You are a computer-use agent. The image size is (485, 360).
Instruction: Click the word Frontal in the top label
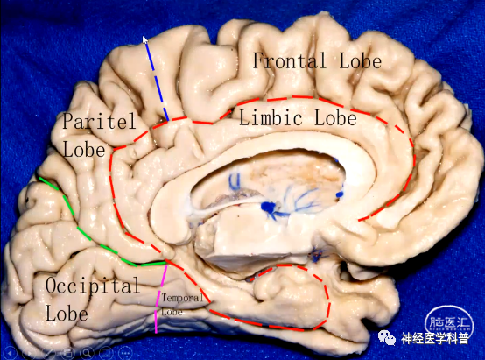tap(290, 60)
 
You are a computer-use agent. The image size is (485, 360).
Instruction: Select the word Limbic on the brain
tap(271, 118)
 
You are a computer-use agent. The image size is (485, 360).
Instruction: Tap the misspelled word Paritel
tap(99, 121)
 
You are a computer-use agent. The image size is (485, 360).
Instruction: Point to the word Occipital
tap(93, 286)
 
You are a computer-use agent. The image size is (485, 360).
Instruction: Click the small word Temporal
tap(182, 298)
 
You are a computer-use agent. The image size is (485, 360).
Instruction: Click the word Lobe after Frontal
tap(361, 60)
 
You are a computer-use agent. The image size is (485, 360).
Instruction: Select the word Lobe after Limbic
tap(335, 118)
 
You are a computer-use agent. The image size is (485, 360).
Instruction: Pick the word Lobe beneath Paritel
tap(84, 149)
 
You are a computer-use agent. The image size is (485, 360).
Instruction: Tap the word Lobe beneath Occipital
tap(67, 313)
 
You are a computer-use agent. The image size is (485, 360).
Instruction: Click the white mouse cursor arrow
tap(144, 40)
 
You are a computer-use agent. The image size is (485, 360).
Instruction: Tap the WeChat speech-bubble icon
tap(388, 337)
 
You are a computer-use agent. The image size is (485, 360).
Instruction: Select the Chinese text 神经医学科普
tap(435, 338)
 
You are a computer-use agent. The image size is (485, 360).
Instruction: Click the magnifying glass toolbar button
tap(87, 353)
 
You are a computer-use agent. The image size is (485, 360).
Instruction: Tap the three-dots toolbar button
tap(125, 353)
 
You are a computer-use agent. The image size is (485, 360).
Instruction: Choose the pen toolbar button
tap(48, 353)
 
